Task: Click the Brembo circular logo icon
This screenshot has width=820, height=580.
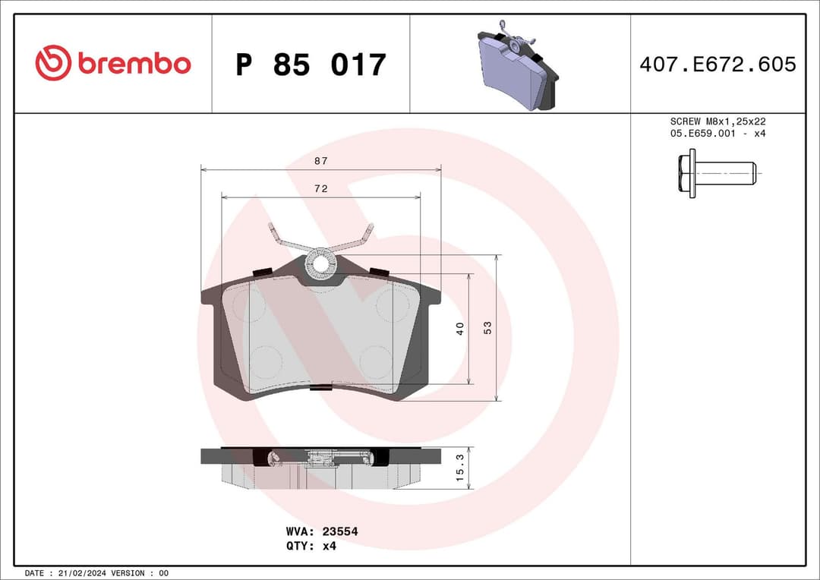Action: pos(53,64)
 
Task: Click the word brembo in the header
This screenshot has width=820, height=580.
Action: pos(134,65)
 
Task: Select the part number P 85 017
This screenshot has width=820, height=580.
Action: pos(311,65)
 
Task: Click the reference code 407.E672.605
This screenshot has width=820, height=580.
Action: pos(717,65)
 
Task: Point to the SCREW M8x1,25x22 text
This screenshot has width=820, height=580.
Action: pos(717,121)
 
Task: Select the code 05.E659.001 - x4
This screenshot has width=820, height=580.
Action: pos(717,134)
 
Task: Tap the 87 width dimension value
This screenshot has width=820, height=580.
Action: pos(321,161)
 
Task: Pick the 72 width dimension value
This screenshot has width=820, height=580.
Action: pos(321,188)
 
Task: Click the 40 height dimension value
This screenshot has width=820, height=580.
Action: pos(460,329)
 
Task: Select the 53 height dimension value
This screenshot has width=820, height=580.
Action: pos(488,328)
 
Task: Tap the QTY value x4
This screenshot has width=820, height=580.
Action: pos(329,545)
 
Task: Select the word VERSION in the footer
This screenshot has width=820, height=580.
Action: pos(132,572)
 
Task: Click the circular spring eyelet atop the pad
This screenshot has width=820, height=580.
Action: pos(321,263)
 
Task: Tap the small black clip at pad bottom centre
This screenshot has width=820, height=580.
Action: pos(321,388)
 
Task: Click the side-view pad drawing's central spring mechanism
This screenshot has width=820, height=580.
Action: pos(320,458)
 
